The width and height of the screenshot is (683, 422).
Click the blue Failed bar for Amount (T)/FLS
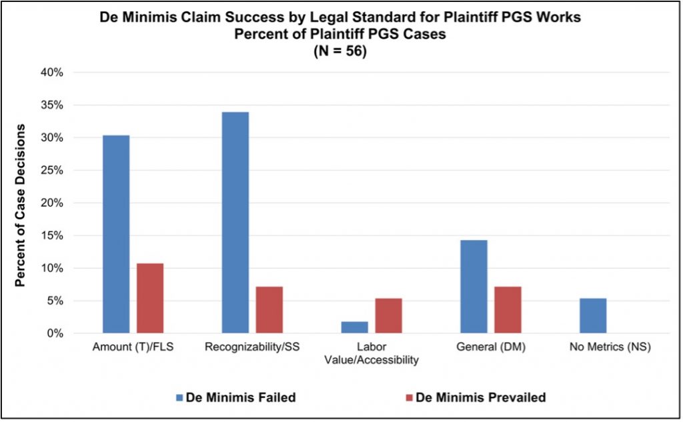pos(116,234)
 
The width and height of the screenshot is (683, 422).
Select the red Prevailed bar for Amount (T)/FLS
pos(150,298)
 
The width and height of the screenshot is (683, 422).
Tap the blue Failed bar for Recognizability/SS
pos(235,222)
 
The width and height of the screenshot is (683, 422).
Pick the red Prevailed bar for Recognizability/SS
pos(269,309)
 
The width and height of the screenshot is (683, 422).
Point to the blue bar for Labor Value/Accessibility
pos(354,327)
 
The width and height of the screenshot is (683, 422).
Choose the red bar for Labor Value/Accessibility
pos(388,315)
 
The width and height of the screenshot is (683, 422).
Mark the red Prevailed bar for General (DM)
pos(508,309)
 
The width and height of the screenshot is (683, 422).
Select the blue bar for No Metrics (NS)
pos(593,315)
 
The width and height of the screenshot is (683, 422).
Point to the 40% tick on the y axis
pos(51,73)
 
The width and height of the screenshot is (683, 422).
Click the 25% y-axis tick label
pos(51,170)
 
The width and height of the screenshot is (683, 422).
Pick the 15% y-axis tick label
pos(51,235)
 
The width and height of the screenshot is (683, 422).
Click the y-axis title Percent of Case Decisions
pos(21,205)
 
